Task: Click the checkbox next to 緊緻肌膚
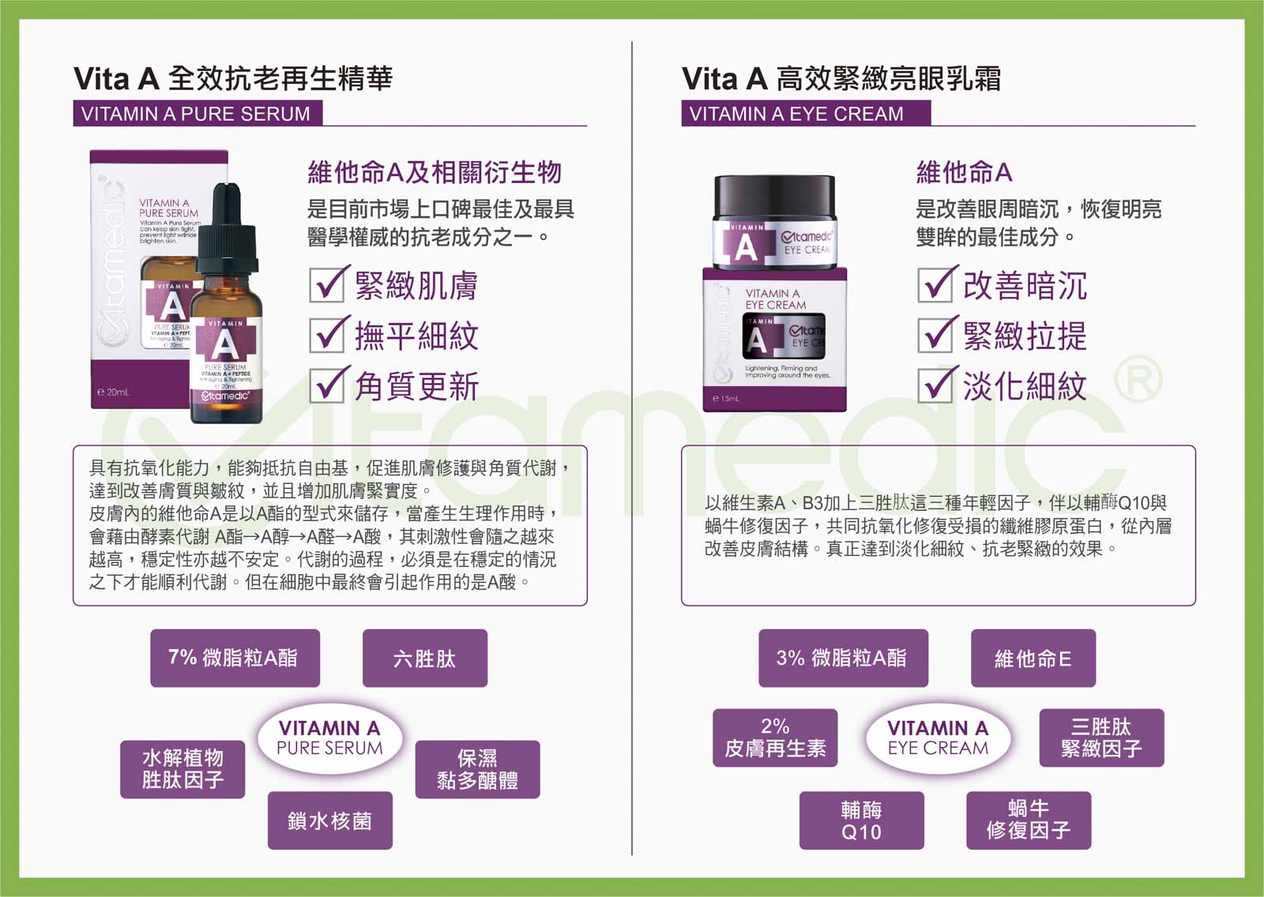(327, 285)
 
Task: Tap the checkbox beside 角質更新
(327, 385)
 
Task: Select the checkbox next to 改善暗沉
(936, 285)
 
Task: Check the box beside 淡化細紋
(936, 385)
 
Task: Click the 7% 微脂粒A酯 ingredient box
(235, 658)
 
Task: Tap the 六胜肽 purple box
(424, 658)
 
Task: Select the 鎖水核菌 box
(329, 820)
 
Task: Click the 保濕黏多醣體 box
(477, 769)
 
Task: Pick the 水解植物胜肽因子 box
(182, 769)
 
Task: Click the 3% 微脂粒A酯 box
(843, 658)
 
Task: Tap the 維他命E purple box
(1033, 658)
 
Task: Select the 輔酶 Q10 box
(861, 820)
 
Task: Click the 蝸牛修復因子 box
(1028, 820)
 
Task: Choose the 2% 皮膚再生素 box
(775, 737)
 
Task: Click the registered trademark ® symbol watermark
(1138, 379)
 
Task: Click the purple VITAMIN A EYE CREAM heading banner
(805, 114)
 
